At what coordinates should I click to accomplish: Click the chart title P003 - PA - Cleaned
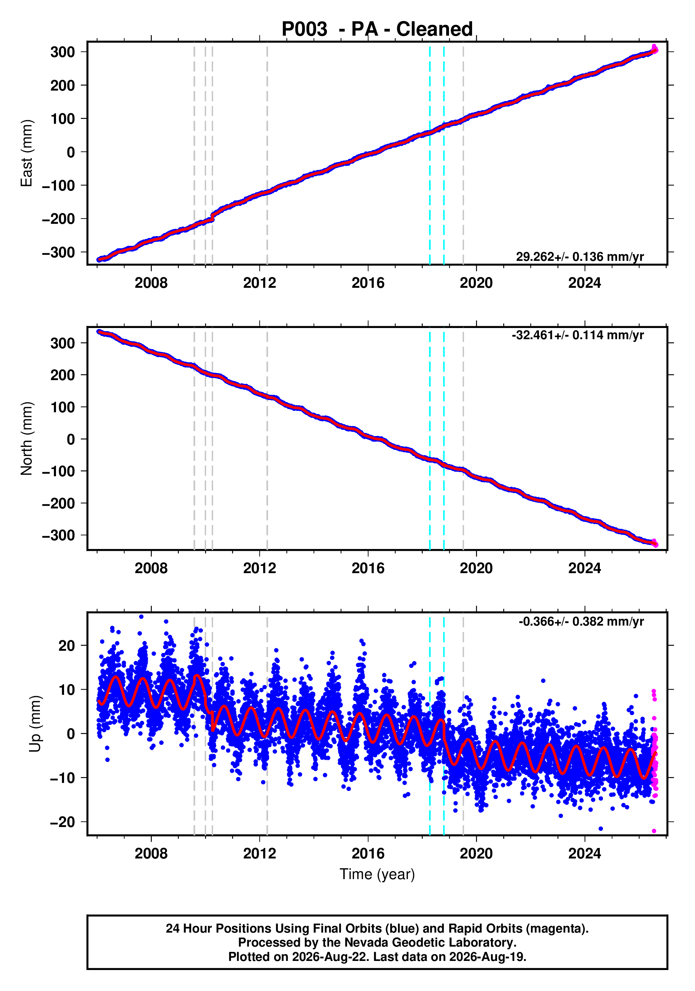[x=377, y=29]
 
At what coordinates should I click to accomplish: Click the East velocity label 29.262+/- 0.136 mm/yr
[x=580, y=257]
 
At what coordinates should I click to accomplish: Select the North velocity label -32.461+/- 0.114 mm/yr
[x=577, y=335]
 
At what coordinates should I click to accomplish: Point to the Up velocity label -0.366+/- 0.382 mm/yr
[x=581, y=621]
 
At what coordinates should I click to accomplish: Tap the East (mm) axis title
[x=27, y=153]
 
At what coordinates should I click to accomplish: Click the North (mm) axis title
[x=27, y=439]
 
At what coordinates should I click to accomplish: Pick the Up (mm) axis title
[x=35, y=724]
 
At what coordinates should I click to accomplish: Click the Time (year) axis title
[x=377, y=874]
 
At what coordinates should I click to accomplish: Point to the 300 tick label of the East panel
[x=63, y=52]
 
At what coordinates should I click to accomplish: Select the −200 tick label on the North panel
[x=58, y=503]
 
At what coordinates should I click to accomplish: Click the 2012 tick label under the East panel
[x=260, y=283]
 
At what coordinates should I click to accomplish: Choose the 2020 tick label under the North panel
[x=476, y=569]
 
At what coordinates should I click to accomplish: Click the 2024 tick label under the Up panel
[x=584, y=854]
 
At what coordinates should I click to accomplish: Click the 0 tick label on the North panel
[x=71, y=440]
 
